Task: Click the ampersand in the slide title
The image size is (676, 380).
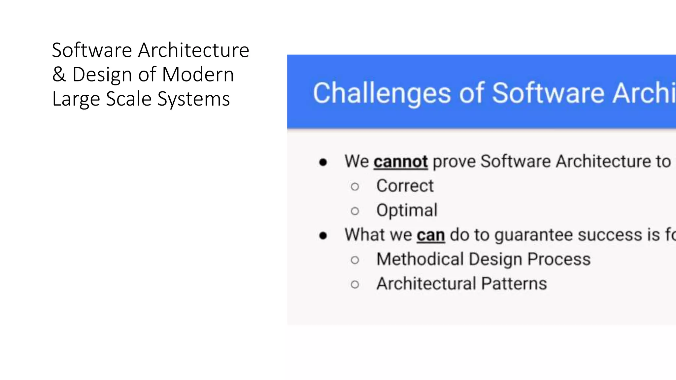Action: (x=59, y=75)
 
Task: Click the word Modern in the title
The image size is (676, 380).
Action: (x=198, y=75)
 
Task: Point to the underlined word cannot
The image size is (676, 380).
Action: (x=400, y=162)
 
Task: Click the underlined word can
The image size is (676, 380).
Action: (x=430, y=235)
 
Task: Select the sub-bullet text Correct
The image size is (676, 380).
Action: (x=405, y=186)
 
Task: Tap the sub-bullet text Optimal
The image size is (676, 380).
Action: (x=407, y=210)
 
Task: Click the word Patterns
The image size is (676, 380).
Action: (x=514, y=283)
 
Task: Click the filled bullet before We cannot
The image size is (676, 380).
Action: (x=323, y=162)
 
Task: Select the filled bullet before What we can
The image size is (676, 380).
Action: (x=323, y=236)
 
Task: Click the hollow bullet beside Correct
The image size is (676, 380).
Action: (x=355, y=187)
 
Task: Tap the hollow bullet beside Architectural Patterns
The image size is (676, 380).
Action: (x=355, y=284)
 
